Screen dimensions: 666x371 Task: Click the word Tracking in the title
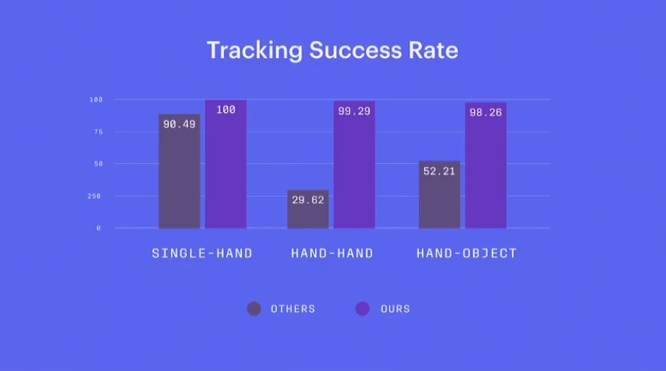[x=255, y=50]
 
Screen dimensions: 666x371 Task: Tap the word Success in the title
[x=355, y=50]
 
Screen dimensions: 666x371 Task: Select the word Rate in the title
[x=433, y=50]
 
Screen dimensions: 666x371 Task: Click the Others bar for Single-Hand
[x=179, y=171]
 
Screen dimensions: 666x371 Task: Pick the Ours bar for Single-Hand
[x=225, y=164]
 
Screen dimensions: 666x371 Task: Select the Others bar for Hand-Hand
[x=308, y=209]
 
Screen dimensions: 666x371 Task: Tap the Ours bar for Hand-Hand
[x=354, y=165]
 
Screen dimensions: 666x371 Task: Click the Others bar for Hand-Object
[x=439, y=195]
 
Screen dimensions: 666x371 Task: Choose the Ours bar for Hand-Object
[x=485, y=166]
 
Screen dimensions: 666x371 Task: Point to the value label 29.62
[x=308, y=200]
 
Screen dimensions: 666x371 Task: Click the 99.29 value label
[x=354, y=111]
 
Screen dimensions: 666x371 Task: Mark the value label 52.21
[x=439, y=172]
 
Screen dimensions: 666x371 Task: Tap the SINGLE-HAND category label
[x=202, y=254]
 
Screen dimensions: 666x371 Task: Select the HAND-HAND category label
[x=332, y=254]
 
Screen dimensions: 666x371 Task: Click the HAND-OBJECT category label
[x=466, y=254]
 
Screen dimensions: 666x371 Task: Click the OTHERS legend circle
[x=254, y=309]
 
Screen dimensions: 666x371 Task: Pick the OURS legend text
[x=395, y=309]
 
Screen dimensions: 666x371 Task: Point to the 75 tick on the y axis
[x=98, y=132]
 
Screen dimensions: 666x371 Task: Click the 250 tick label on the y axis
[x=94, y=196]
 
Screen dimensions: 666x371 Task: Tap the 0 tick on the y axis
[x=99, y=228]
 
